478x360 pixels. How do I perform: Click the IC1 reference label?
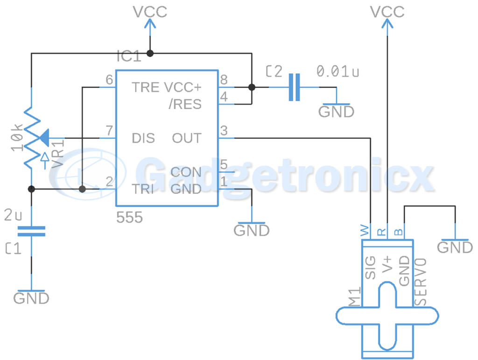click(128, 57)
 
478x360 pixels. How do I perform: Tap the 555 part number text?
click(129, 217)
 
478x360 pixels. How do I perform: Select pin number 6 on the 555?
click(109, 80)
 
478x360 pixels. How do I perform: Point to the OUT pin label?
click(187, 138)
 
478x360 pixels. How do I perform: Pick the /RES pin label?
click(185, 104)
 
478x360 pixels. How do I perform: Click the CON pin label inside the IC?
click(186, 172)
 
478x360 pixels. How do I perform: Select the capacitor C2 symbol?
click(294, 87)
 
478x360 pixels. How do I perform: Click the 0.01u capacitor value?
click(338, 71)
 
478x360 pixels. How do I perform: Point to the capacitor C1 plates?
click(31, 231)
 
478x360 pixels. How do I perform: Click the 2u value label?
click(13, 216)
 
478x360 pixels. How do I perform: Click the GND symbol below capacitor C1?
click(31, 296)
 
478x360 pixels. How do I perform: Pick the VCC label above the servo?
click(387, 12)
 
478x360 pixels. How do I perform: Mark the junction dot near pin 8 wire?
click(252, 87)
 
